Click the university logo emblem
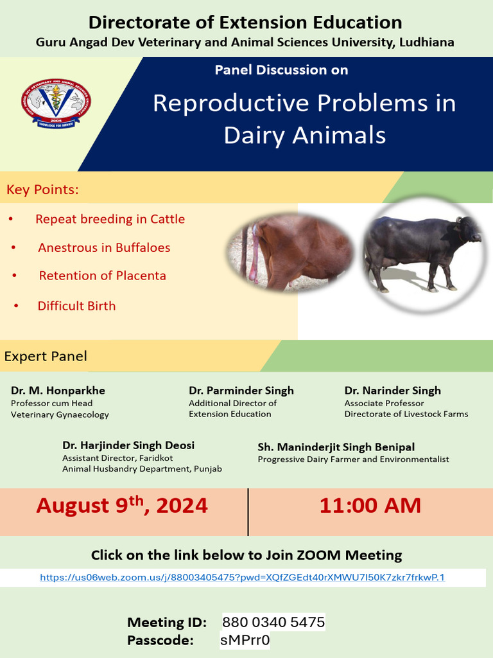pos(56,105)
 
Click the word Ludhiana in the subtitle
pos(426,43)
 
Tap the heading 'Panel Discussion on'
pos(281,70)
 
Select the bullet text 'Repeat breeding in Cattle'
pos(110,219)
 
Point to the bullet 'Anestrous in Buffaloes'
pos(104,247)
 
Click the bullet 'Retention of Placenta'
pos(102,276)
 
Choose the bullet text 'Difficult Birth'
pos(76,306)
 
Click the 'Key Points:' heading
pos(42,190)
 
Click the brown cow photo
pos(291,252)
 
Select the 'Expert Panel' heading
pos(46,356)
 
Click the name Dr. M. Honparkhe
pos(58,391)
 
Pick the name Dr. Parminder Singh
pos(241,391)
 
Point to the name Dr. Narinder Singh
pos(392,391)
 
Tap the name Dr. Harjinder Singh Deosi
pos(128,445)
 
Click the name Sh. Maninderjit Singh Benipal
pos(336,447)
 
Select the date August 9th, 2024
pos(122,506)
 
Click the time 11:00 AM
pos(370,506)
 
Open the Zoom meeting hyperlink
pos(242,578)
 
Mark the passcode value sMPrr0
pos(245,641)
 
